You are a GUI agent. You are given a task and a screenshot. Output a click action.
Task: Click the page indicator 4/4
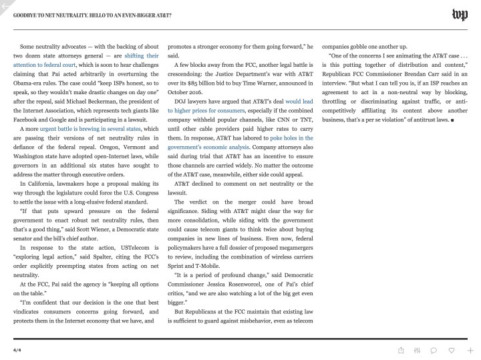click(17, 349)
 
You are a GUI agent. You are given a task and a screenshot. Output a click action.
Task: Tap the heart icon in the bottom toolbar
click(452, 349)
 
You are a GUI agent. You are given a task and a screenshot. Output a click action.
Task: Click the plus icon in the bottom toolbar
click(470, 349)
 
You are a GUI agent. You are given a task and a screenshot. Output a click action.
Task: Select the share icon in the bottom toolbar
click(400, 349)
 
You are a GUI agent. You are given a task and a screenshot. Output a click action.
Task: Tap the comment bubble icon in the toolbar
click(434, 349)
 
